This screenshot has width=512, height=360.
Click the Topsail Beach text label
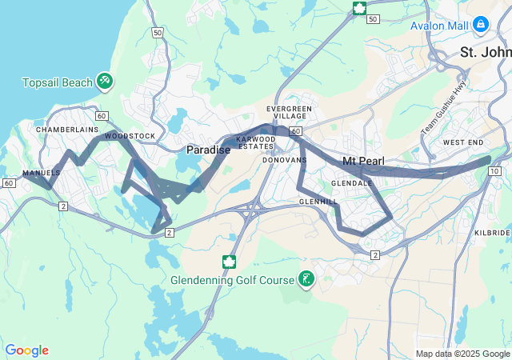[x=57, y=82]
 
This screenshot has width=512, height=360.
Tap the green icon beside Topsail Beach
[x=104, y=82]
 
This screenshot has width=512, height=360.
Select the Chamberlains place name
[x=66, y=129]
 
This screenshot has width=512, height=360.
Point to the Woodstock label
[x=130, y=136]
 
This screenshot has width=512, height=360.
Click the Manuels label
[x=42, y=173]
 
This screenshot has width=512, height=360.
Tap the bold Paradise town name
[x=208, y=150]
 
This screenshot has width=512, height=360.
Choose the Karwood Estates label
[x=256, y=142]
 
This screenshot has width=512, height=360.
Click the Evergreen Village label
[x=290, y=112]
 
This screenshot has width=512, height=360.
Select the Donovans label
[x=285, y=160]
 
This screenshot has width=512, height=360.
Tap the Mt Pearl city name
[x=363, y=162]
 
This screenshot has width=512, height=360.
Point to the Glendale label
[x=353, y=182]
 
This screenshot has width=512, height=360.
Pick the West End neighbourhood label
[x=462, y=142]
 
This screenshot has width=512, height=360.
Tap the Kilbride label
[x=491, y=232]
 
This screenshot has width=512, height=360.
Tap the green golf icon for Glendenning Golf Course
[x=306, y=279]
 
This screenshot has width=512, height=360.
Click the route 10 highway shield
[x=495, y=171]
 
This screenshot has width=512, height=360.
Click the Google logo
[x=26, y=350]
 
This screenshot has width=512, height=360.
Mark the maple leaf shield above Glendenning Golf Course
[x=229, y=262]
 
